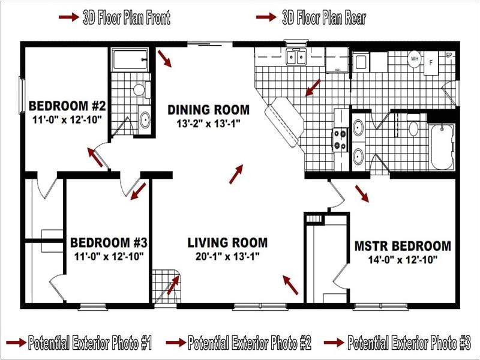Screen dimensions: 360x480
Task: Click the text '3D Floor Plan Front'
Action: (126, 18)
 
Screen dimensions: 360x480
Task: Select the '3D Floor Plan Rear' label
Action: (323, 18)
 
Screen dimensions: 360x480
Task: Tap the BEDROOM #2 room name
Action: (67, 106)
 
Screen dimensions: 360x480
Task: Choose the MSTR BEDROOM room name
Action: (403, 246)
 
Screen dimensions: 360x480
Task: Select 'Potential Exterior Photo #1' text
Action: (90, 343)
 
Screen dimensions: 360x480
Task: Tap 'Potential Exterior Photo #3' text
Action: (409, 343)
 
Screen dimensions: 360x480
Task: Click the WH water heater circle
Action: (415, 59)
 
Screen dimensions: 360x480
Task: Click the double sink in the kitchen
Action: (296, 58)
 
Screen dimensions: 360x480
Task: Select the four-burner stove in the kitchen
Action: (341, 139)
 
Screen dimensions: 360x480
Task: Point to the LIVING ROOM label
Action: (227, 243)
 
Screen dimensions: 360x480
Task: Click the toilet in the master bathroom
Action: (413, 127)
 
